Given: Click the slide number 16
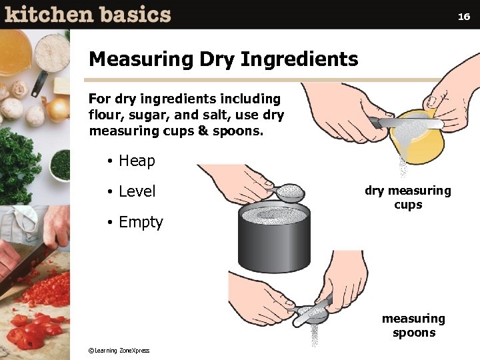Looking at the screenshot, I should pyautogui.click(x=464, y=17).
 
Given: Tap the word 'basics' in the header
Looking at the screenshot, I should pyautogui.click(x=133, y=15).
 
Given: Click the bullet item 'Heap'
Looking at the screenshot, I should pyautogui.click(x=137, y=161).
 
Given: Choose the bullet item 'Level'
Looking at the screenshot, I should pyautogui.click(x=137, y=191).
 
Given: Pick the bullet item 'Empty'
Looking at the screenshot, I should pyautogui.click(x=141, y=222).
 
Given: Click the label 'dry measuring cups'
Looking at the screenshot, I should pyautogui.click(x=407, y=197).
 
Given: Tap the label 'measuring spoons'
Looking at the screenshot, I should pyautogui.click(x=413, y=325).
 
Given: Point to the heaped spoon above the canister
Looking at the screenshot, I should pyautogui.click(x=290, y=194).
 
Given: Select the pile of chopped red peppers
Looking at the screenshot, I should pyautogui.click(x=40, y=313).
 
